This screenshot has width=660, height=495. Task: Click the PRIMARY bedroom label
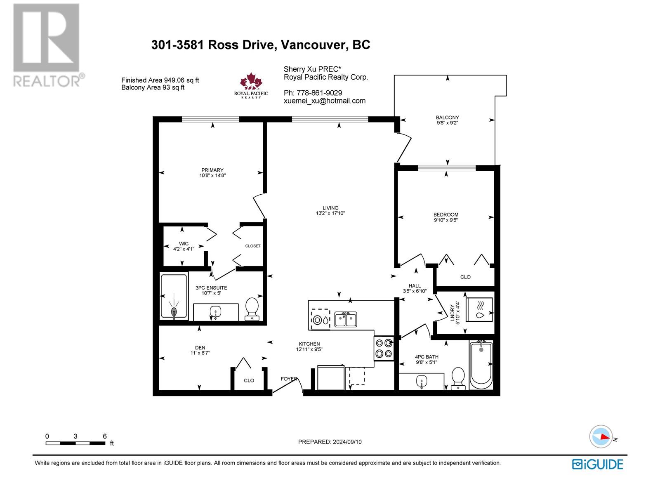(212, 170)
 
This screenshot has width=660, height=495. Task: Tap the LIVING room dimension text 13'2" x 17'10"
(330, 213)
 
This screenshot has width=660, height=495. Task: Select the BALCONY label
(448, 118)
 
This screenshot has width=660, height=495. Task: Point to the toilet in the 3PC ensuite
(252, 309)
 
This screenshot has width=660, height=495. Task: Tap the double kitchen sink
(346, 319)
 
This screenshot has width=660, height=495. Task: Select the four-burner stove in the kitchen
(384, 348)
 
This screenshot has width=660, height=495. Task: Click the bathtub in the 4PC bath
(481, 366)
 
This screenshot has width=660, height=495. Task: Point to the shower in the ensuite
(174, 296)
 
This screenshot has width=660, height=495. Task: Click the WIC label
(184, 244)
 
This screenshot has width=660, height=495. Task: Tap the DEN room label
(200, 348)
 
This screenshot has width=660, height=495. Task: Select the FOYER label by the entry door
(289, 379)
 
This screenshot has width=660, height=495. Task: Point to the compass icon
(601, 436)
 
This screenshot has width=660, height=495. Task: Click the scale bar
(75, 443)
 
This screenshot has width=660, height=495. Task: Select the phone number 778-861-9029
(319, 93)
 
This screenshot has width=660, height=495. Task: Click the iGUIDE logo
(597, 464)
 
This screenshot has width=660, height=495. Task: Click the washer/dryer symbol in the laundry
(479, 309)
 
